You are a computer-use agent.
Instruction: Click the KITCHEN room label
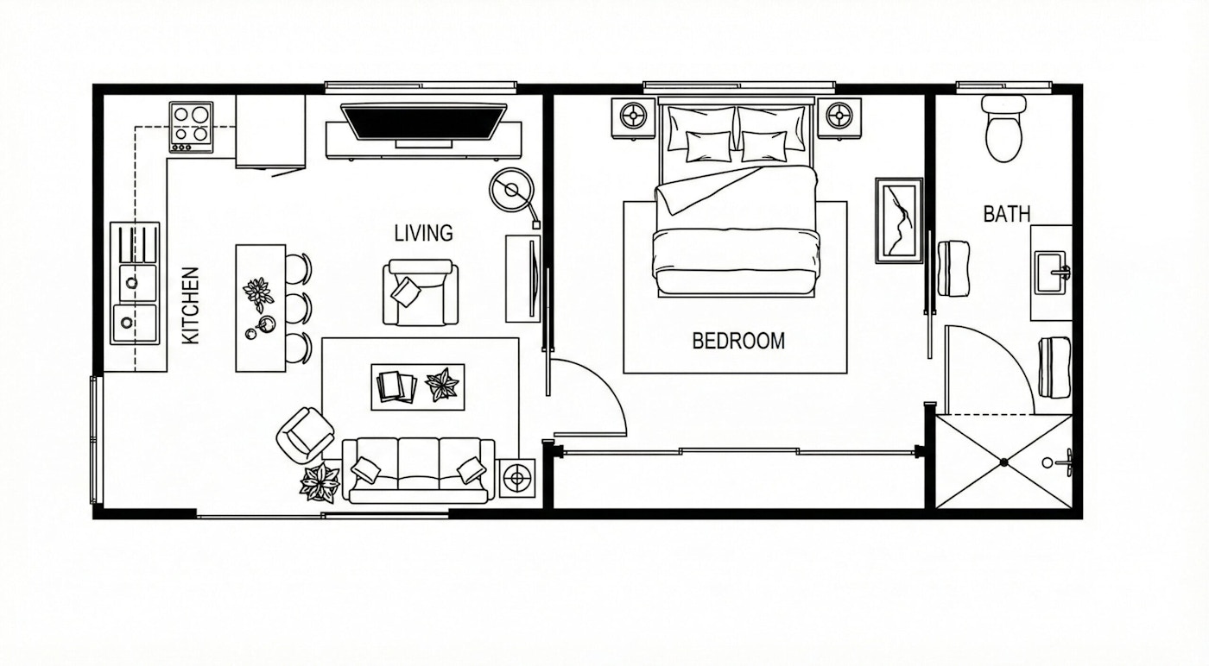(x=191, y=305)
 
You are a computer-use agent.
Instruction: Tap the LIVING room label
(x=424, y=233)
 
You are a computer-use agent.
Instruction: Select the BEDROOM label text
(x=738, y=341)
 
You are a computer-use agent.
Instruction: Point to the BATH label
(x=1007, y=214)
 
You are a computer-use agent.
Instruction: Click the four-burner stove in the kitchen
(x=191, y=128)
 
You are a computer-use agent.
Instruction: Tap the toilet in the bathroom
(x=1003, y=129)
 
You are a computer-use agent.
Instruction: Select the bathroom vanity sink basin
(x=1052, y=273)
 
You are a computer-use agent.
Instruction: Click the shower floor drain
(x=1003, y=462)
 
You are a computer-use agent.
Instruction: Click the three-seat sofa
(x=419, y=470)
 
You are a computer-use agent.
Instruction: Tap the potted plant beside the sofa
(x=320, y=481)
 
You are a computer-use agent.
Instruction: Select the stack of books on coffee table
(x=396, y=386)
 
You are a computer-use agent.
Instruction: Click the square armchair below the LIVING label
(x=421, y=292)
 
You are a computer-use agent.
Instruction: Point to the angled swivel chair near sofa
(x=305, y=435)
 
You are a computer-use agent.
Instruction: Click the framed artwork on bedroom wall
(x=899, y=221)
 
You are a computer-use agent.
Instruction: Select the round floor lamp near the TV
(x=511, y=190)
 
